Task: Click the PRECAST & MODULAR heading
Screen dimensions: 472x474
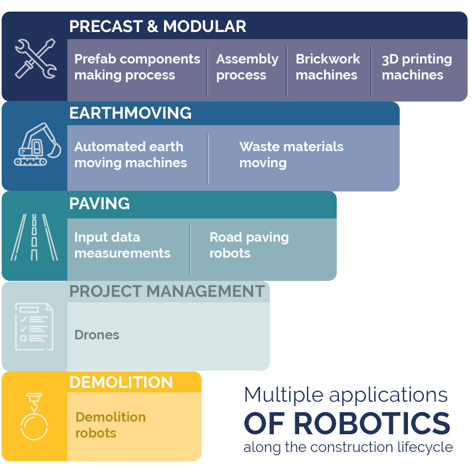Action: tap(157, 26)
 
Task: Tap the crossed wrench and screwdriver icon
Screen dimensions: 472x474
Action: tap(36, 58)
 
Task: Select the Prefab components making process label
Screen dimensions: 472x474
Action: tap(137, 67)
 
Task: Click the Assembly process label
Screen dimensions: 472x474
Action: tap(247, 67)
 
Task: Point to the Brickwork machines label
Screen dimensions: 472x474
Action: tap(328, 67)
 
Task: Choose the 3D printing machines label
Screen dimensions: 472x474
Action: tap(417, 67)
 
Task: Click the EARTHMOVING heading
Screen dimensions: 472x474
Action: tap(130, 113)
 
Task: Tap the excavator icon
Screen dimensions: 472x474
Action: tap(38, 144)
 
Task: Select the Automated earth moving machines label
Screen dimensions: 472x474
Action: tap(130, 155)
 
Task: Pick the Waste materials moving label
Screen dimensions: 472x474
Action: tap(291, 155)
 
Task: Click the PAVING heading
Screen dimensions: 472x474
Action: tap(99, 204)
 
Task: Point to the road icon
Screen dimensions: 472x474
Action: tap(34, 237)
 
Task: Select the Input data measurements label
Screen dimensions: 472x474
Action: tap(122, 245)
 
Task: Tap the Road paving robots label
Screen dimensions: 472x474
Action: tap(249, 245)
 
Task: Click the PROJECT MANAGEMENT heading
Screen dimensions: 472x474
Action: tap(167, 291)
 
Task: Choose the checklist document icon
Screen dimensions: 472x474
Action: tap(34, 327)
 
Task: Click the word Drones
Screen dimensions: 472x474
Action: tap(97, 335)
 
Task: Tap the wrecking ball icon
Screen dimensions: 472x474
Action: tap(34, 416)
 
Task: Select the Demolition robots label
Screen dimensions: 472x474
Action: tap(110, 425)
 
